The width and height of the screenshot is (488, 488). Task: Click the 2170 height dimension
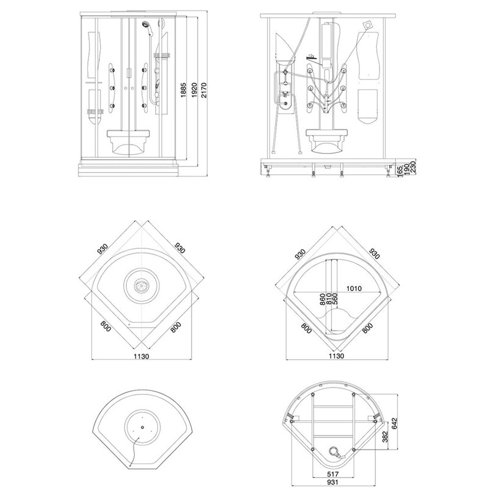coord(204,90)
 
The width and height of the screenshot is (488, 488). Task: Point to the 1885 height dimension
coord(184,90)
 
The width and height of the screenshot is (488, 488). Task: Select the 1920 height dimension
coord(194,90)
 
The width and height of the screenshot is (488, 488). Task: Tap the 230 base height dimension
coord(414,167)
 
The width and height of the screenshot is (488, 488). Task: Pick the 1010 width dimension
coord(354,289)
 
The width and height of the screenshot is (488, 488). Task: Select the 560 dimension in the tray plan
coord(335,299)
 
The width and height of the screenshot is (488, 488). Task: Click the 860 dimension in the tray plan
coord(323,299)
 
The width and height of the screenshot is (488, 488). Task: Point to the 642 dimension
coord(395,424)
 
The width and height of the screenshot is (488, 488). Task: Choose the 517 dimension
coord(333,474)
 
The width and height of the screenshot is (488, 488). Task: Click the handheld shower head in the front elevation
coord(146,24)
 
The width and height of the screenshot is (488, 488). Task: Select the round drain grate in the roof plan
coord(142,285)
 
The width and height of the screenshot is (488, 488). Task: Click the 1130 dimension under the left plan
coord(142,356)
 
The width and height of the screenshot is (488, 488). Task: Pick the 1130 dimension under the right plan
coord(337,356)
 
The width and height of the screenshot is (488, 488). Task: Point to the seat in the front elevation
coord(129,142)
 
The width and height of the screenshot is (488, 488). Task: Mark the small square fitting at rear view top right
coord(368,25)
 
